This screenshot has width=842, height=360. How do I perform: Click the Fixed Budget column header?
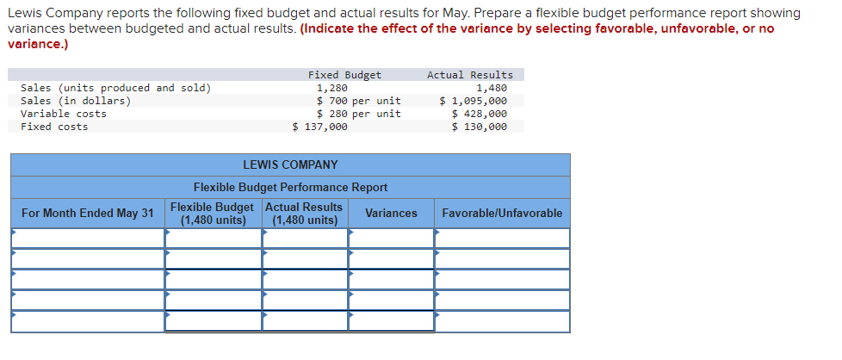tap(344, 75)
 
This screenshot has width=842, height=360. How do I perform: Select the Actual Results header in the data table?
tap(469, 75)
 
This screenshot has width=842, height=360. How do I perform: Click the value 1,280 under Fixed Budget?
tap(332, 88)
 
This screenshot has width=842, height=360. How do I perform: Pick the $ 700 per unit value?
tap(358, 101)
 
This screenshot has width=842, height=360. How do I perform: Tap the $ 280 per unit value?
tap(358, 114)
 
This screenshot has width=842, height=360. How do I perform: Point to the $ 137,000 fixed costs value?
tap(320, 127)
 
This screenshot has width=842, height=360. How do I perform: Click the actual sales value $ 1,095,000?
tap(473, 101)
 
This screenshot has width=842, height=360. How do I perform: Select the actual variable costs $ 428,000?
tap(479, 114)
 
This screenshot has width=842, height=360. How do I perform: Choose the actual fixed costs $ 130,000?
tap(479, 127)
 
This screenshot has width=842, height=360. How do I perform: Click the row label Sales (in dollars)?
tap(76, 101)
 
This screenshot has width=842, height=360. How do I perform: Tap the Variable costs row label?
tap(64, 114)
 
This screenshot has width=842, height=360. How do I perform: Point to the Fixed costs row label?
tap(54, 127)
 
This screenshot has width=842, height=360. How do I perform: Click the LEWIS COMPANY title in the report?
tap(290, 164)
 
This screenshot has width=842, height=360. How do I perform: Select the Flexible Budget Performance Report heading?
tap(290, 187)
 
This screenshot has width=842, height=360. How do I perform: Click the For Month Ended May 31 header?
tap(88, 213)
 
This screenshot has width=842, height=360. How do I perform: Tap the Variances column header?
tap(391, 213)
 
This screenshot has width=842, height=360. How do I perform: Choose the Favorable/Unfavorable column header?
tap(502, 213)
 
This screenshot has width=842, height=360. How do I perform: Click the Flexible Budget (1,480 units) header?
tap(213, 214)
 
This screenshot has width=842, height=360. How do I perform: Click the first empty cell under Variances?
tap(392, 238)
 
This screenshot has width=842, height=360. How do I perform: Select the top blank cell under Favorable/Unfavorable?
tap(503, 238)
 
